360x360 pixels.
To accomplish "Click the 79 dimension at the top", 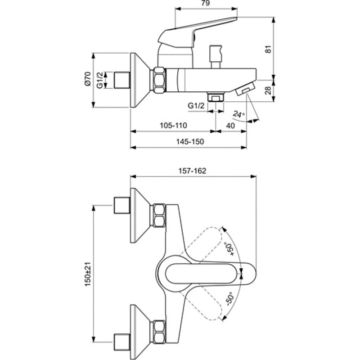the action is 206,3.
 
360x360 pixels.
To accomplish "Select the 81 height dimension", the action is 268,49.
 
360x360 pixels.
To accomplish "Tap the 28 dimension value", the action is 268,90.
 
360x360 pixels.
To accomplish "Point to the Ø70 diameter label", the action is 88,79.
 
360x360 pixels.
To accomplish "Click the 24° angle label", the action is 239,114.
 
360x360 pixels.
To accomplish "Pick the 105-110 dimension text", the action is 173,126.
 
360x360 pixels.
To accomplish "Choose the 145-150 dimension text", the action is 190,141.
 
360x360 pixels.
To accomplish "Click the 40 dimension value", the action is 230,126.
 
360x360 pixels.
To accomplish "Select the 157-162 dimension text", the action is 193,171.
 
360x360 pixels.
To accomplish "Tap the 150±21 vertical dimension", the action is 88,274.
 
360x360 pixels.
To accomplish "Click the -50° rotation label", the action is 230,298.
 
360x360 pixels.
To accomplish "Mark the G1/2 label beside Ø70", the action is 99,80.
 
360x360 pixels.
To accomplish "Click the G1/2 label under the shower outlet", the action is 196,106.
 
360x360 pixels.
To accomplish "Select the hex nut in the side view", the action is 159,80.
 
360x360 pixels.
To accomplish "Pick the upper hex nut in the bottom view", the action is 159,216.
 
